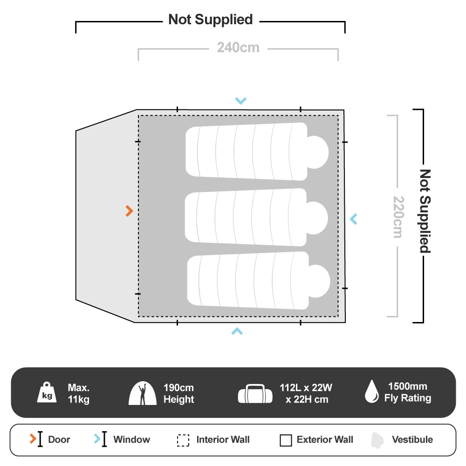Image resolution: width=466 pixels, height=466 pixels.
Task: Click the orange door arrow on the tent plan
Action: pos(130,211)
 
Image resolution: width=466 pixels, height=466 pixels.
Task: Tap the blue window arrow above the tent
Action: pos(240,100)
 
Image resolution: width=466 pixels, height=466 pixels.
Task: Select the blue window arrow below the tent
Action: pos(237,331)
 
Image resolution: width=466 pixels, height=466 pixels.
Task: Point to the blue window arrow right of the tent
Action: pos(354,218)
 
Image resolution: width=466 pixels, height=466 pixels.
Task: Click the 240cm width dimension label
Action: pos(238,48)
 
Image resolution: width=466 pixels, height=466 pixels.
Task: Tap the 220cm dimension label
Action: pos(397,216)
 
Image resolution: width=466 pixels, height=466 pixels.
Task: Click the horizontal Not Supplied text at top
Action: pos(210,20)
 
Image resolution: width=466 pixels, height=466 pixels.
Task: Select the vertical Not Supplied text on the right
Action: pos(424,211)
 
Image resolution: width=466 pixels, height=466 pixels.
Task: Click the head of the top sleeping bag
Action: pos(317,152)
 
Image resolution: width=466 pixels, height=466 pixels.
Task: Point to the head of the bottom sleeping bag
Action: pos(319,281)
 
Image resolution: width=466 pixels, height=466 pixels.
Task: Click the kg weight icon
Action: pos(47,393)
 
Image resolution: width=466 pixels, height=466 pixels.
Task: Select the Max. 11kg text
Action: pos(78,393)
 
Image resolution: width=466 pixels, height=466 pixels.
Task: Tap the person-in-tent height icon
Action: pos(142,393)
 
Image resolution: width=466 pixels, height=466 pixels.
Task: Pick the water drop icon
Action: pos(371,391)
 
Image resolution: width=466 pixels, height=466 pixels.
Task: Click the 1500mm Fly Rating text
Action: pos(407,392)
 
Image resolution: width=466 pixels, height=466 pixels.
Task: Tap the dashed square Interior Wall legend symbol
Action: pos(183,440)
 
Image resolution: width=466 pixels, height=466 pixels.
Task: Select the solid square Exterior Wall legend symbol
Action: pos(286,440)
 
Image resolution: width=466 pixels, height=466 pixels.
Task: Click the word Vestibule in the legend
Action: pos(412,439)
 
